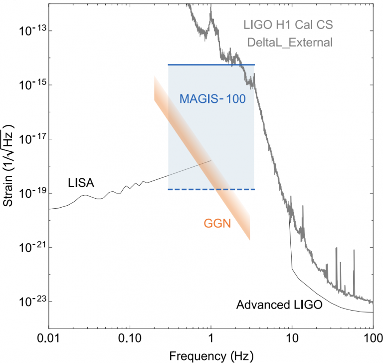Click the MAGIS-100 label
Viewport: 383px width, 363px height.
click(212, 99)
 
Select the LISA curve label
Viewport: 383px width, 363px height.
click(80, 183)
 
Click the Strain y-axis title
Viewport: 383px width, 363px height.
click(8, 164)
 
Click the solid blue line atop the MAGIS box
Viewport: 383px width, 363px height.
click(211, 65)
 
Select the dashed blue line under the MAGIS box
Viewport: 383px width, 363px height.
click(211, 189)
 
